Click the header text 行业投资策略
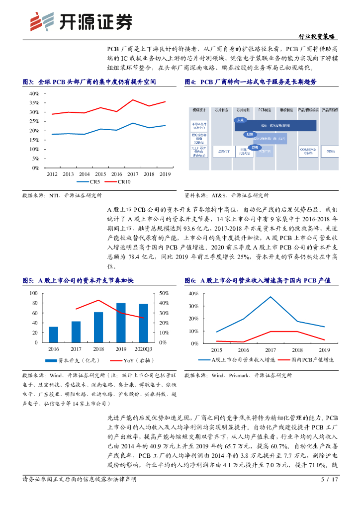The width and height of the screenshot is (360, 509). coord(317,37)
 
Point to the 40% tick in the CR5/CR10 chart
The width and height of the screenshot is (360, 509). coord(34,93)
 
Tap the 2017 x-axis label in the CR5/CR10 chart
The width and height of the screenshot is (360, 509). coord(133,174)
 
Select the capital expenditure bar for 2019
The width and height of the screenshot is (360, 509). coord(121,323)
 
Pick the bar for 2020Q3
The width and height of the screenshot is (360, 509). coord(143,323)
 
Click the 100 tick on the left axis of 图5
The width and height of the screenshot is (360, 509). coord(34,293)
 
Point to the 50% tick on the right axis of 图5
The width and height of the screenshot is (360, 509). coord(164,293)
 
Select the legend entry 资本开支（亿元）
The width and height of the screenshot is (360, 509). coord(74,360)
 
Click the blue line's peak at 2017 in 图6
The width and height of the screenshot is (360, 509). coord(270,297)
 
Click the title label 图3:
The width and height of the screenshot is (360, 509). coord(28,81)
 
